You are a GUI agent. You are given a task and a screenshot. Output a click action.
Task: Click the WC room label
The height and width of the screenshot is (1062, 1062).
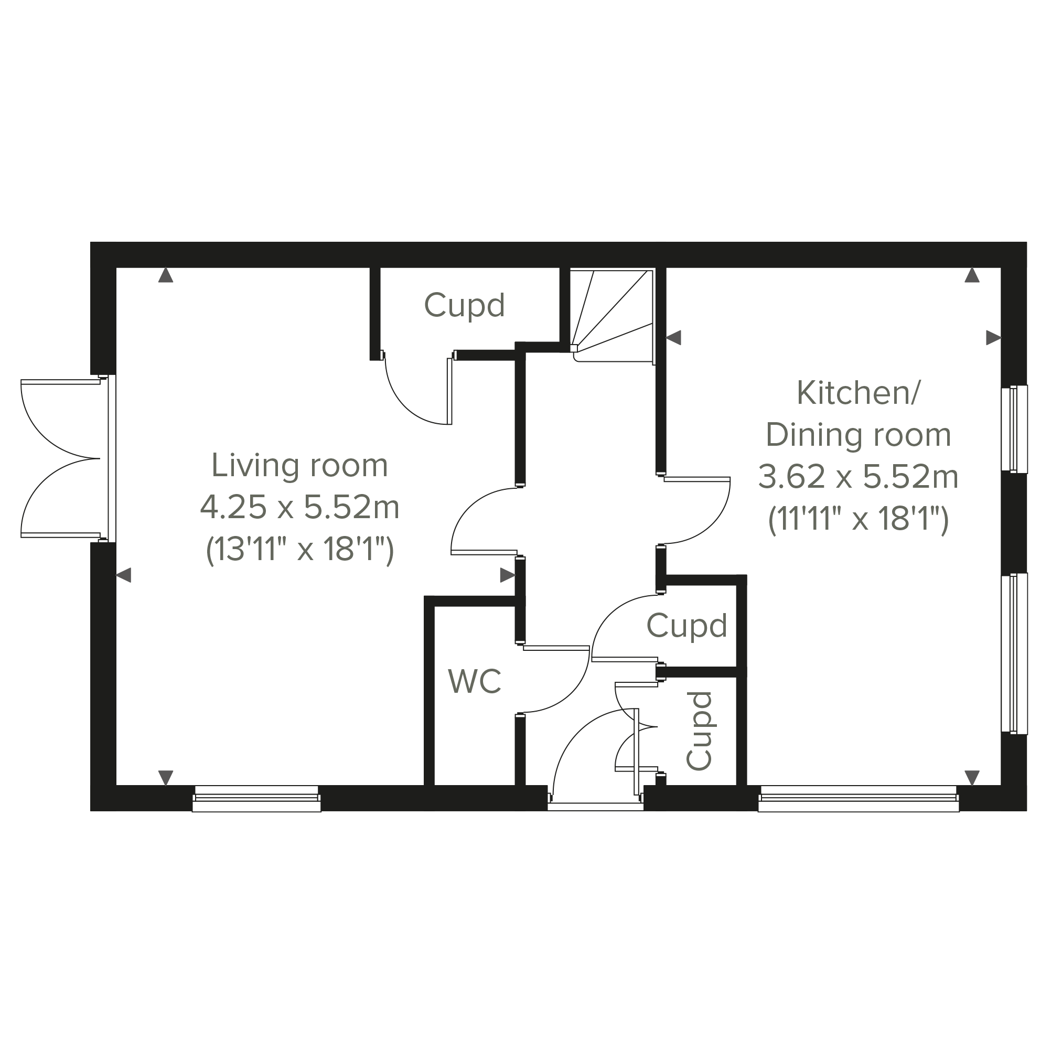[x=475, y=681]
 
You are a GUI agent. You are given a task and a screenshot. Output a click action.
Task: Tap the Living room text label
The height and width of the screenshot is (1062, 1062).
[x=299, y=465]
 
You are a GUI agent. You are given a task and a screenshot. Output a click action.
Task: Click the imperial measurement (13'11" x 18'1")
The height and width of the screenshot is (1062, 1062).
[x=299, y=549]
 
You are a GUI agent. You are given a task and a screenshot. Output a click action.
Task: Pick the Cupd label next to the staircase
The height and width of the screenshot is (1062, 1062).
[x=465, y=306]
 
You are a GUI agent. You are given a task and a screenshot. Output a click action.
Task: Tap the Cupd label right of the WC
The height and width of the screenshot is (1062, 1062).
[x=686, y=626]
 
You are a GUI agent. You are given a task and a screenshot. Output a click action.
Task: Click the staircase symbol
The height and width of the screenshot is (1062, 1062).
[x=612, y=316]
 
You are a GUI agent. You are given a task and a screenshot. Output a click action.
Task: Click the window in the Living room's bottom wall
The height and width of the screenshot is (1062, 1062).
[x=256, y=799]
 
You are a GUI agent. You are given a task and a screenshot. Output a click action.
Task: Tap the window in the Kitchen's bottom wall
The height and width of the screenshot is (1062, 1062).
[x=859, y=799]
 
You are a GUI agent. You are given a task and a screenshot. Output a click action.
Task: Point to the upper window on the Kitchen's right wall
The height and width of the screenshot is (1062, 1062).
[x=1014, y=429]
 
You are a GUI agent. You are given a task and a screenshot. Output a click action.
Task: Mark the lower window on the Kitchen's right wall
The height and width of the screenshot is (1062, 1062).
[x=1014, y=653]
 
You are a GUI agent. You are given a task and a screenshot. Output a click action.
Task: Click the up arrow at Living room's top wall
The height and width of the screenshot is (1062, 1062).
[x=165, y=275]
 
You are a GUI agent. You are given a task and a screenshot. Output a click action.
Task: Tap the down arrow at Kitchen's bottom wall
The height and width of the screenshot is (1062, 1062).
[x=972, y=778]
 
